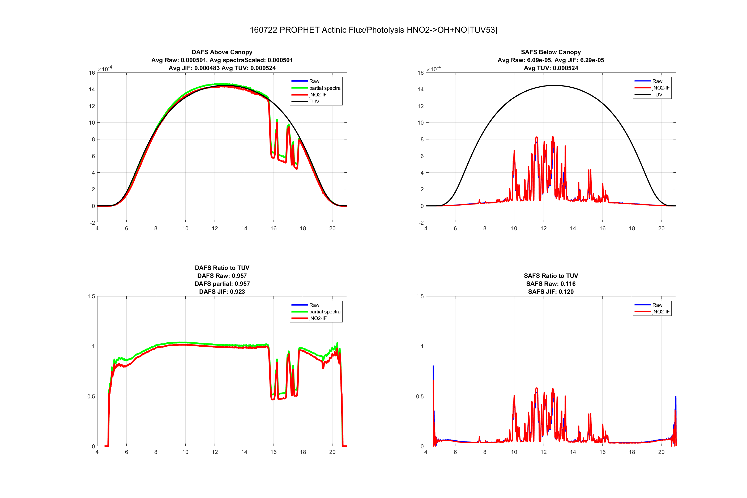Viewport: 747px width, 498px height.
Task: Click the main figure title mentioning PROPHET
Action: coord(373,30)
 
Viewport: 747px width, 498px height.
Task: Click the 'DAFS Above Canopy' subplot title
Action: coord(222,52)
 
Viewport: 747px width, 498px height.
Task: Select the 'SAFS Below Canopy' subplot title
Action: coord(550,52)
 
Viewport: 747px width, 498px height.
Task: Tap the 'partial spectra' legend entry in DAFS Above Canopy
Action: coord(325,88)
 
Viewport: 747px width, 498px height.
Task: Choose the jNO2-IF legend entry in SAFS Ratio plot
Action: coord(661,312)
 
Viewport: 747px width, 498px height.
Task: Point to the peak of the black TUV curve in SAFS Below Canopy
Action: coord(554,86)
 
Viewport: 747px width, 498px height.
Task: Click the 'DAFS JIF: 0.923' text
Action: coord(222,292)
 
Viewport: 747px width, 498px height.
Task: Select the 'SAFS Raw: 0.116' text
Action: coord(550,284)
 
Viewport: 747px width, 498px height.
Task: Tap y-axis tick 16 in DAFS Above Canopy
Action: coord(92,73)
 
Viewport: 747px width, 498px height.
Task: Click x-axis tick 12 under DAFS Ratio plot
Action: coord(215,452)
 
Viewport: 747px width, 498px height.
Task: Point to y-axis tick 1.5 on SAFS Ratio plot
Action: coord(420,296)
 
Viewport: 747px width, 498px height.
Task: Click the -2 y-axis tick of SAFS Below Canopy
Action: coord(421,223)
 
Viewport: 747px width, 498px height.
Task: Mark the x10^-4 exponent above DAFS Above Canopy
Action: coord(105,69)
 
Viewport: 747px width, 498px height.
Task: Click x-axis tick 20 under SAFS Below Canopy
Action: coord(661,228)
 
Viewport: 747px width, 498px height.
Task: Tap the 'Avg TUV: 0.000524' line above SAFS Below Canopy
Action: coord(550,68)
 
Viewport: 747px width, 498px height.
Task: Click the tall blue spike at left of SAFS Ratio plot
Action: coord(433,368)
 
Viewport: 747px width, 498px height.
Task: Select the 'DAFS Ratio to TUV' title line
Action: coord(222,268)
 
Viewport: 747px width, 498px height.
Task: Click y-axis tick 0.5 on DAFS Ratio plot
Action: coord(91,396)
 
